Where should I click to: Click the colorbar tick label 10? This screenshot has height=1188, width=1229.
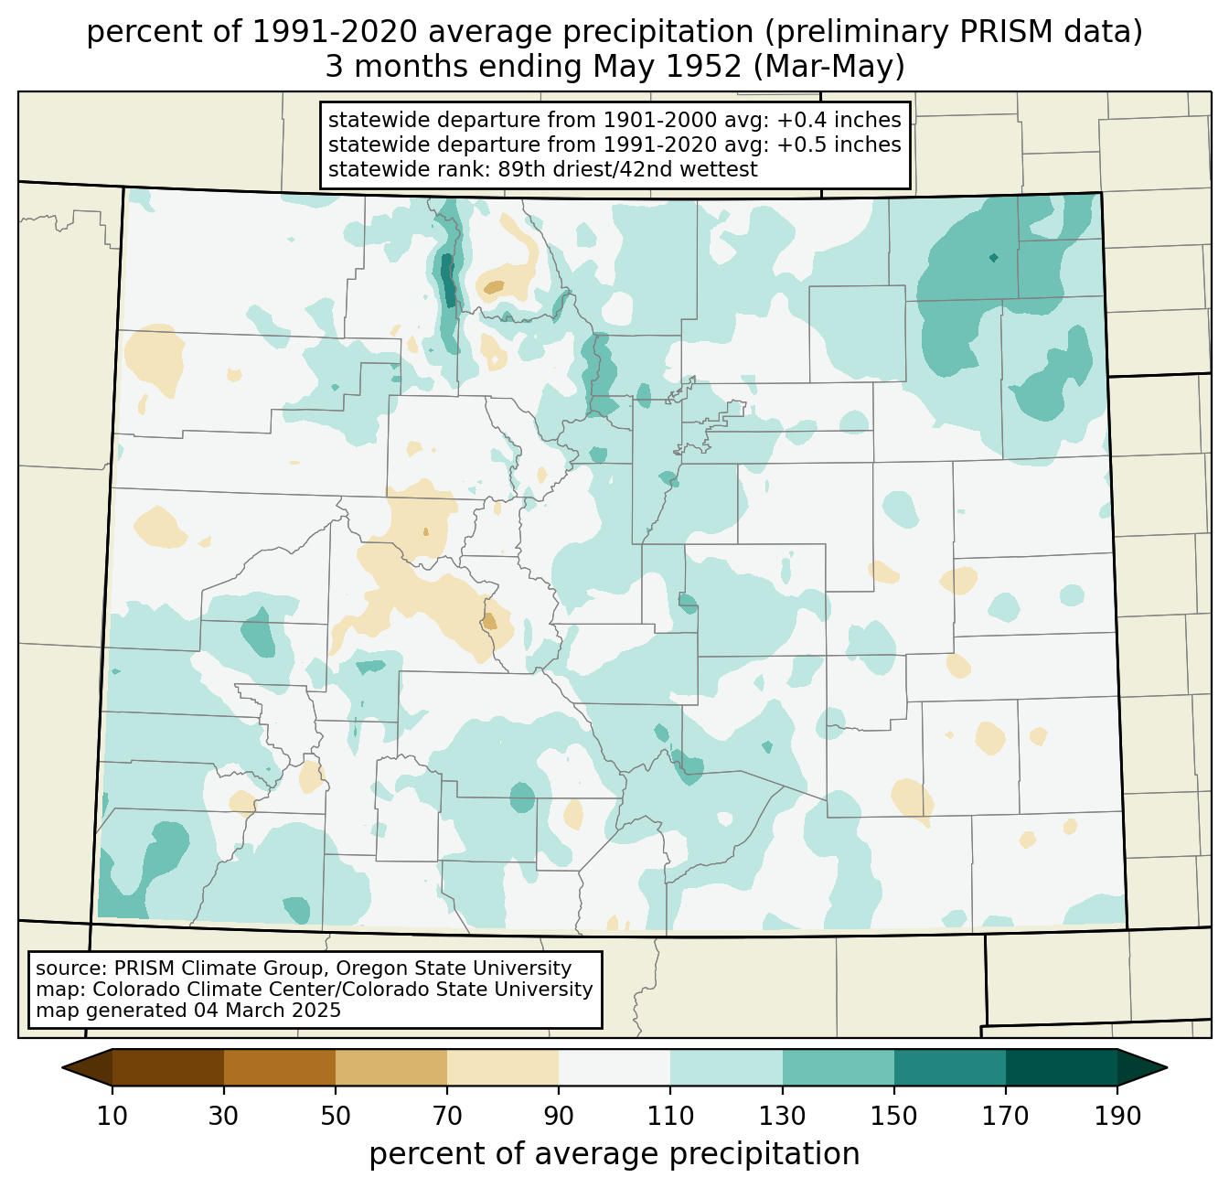point(112,1117)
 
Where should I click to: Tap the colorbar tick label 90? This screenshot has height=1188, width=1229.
point(559,1117)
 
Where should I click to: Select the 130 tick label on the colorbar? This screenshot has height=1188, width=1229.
point(782,1117)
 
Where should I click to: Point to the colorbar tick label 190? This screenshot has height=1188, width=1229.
point(1117,1117)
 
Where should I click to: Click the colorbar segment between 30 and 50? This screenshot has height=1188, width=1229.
point(279,1067)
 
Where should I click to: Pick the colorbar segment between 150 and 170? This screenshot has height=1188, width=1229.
point(949,1067)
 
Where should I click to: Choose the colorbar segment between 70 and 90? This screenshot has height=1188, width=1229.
point(503,1067)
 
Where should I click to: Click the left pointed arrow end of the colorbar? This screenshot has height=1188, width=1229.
point(87,1067)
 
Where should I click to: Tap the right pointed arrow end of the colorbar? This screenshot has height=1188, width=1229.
point(1142,1067)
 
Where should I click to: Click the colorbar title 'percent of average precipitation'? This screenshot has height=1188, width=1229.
point(614,1154)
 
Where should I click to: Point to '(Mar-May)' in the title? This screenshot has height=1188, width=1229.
point(828,67)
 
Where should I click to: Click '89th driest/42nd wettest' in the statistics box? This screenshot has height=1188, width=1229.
point(627,169)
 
